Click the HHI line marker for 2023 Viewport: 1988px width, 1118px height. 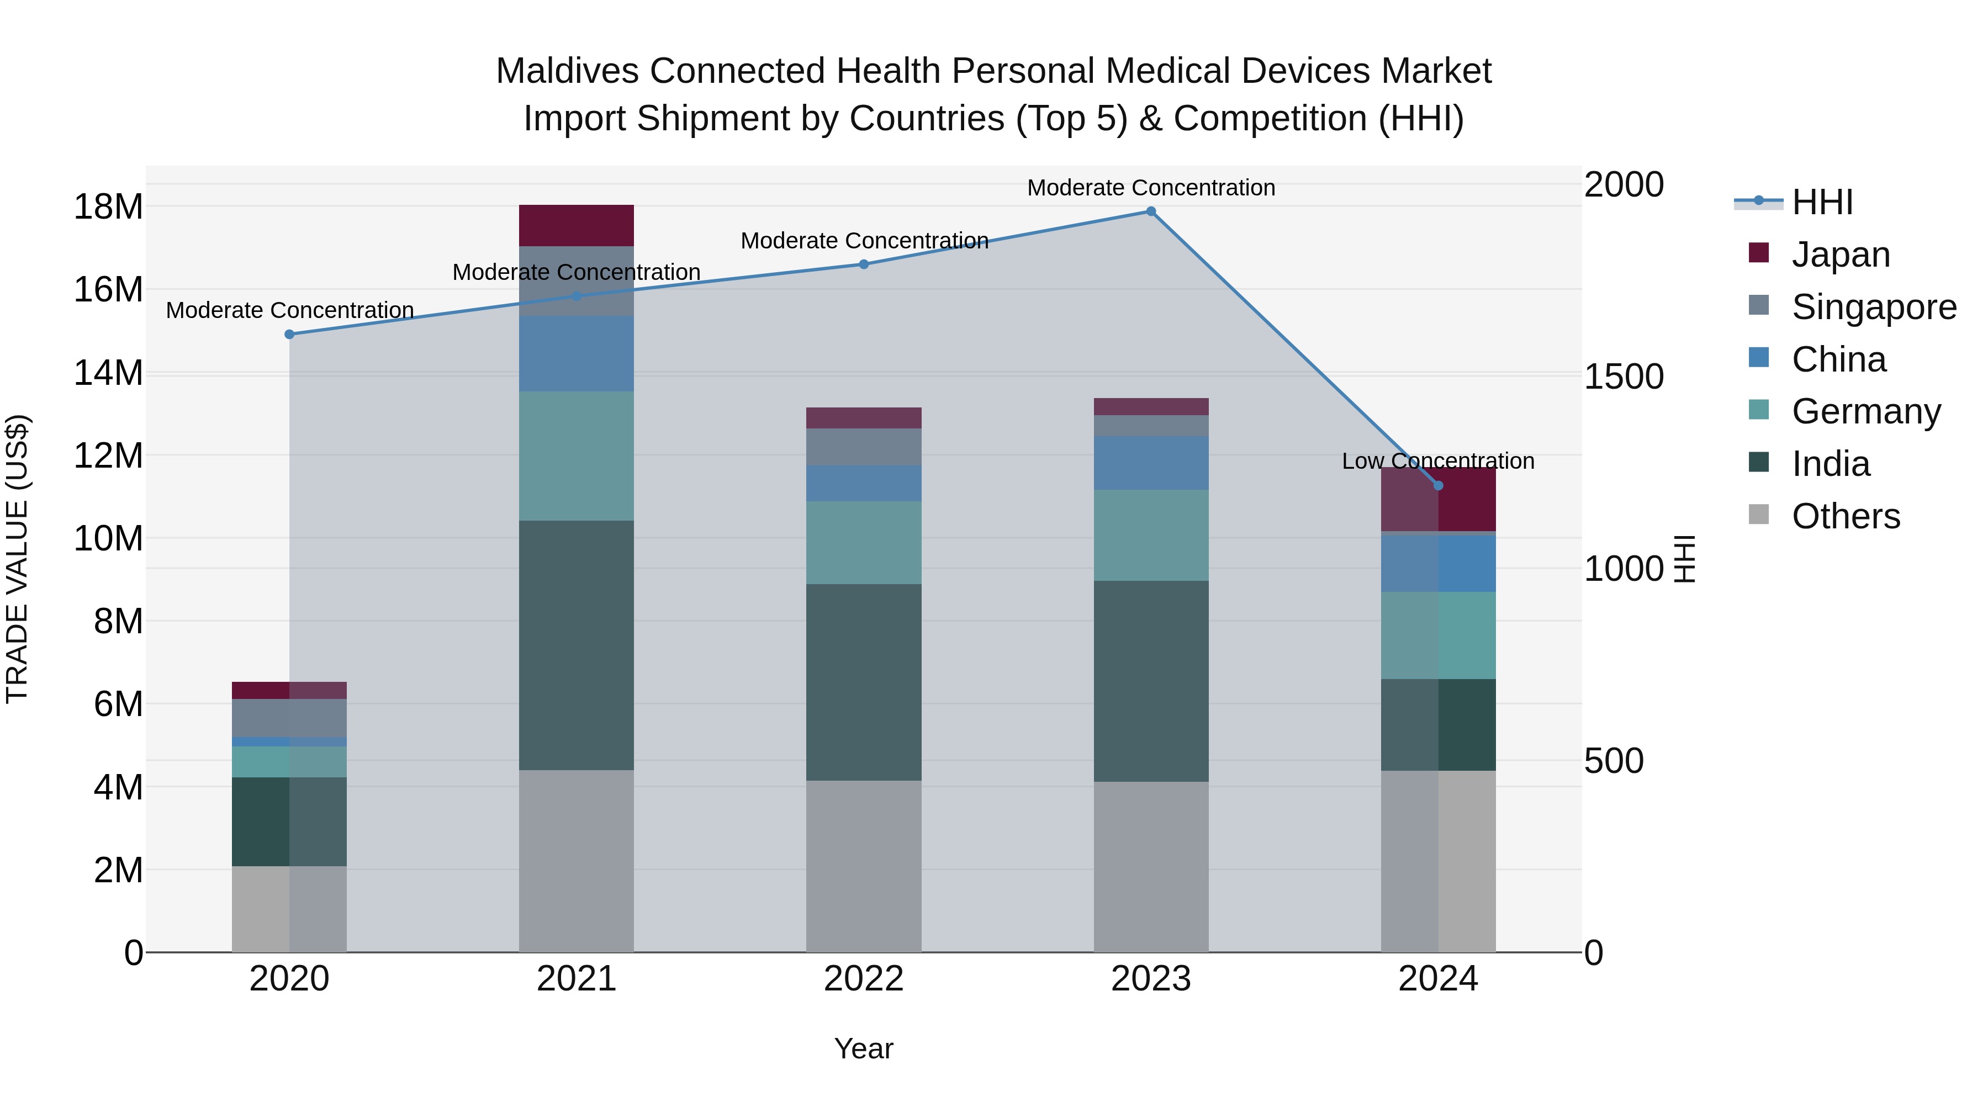point(1151,211)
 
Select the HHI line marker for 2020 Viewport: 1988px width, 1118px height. point(289,334)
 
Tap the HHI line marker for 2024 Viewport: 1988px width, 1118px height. point(1438,486)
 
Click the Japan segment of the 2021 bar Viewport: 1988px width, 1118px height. point(577,225)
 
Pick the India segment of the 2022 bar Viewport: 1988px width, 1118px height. point(864,682)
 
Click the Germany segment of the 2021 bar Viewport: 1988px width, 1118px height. point(577,455)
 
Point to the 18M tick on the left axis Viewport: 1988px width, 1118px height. point(108,207)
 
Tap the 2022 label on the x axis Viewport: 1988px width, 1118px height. point(864,979)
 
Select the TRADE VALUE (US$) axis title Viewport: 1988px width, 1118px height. point(17,559)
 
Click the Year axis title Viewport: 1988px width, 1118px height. point(864,1048)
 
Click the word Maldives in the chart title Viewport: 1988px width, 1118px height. point(567,71)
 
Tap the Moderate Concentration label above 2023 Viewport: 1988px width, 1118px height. point(1151,188)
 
